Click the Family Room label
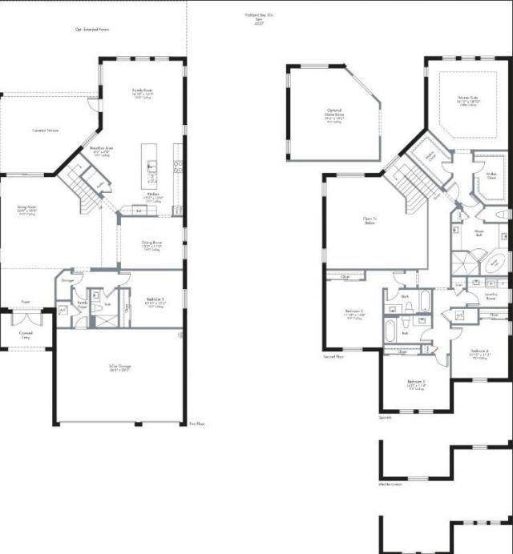144,92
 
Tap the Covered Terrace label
46,130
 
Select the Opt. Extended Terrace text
92,30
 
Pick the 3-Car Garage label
120,368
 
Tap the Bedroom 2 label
354,312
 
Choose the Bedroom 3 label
415,383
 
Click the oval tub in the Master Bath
496,262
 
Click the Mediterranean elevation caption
390,484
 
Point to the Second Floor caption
333,356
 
